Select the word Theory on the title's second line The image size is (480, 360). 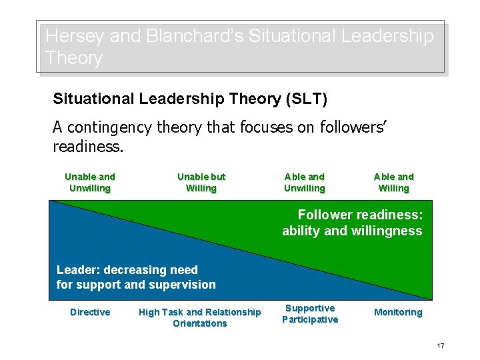pos(74,58)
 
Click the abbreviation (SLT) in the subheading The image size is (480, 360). pos(306,99)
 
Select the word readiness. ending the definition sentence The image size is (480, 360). pos(89,146)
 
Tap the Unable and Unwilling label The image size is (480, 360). pos(90,183)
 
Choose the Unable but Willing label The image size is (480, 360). pos(201,183)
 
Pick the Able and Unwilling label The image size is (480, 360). pos(305,183)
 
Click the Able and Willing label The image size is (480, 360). pos(394,183)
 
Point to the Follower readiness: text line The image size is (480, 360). pos(360,215)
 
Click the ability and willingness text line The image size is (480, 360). pos(352,231)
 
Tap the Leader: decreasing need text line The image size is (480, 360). pos(127,270)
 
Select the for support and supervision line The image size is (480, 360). pos(136,285)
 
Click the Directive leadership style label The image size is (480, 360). pos(90,313)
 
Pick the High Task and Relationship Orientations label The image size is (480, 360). pos(200,318)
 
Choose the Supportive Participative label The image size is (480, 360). pos(310,314)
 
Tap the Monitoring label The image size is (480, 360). pos(398,313)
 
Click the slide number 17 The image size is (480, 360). pos(441,345)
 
